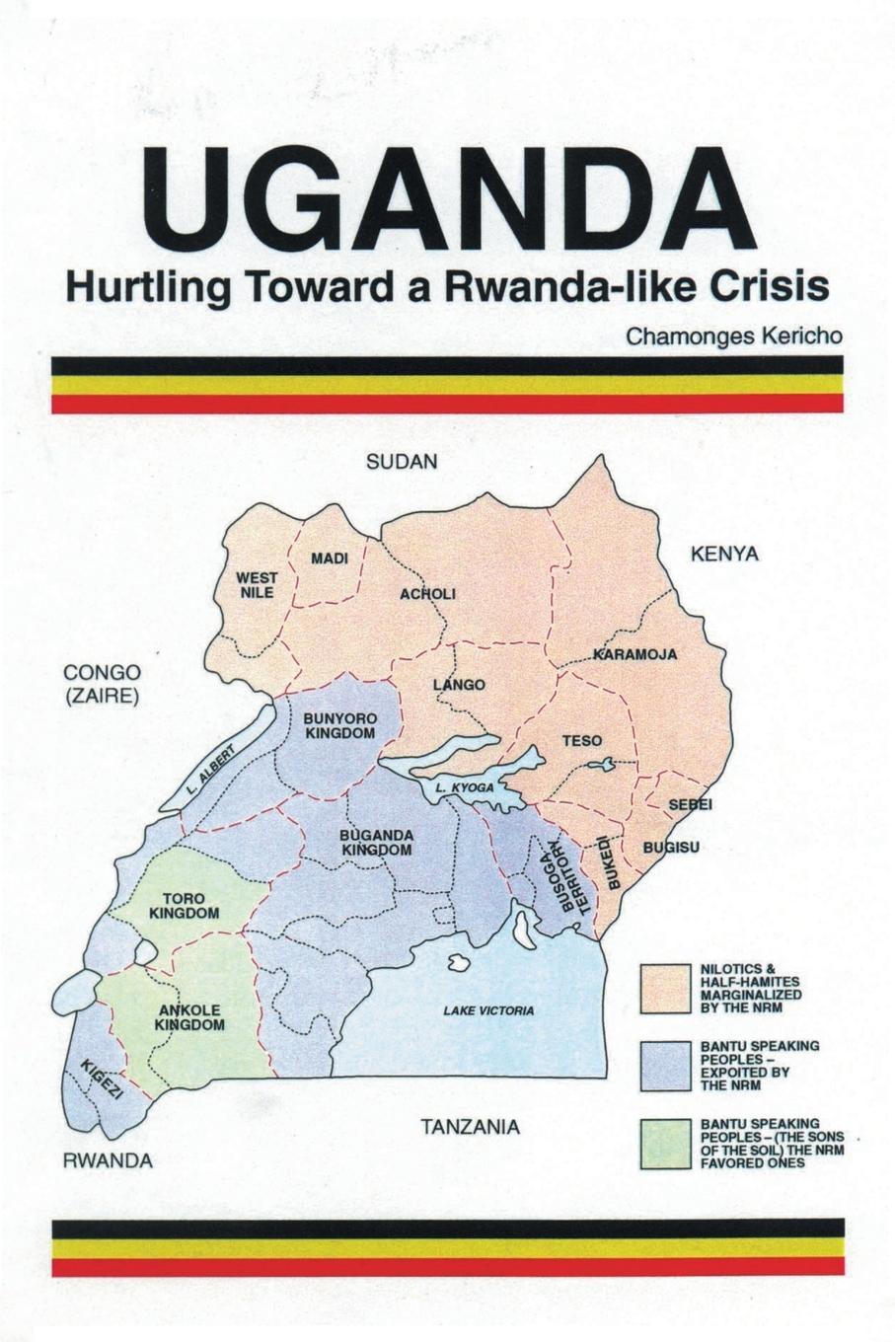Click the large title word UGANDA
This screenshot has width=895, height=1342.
coord(449,203)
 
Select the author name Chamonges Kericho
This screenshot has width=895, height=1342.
coord(734,335)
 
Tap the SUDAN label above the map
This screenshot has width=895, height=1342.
coord(402,462)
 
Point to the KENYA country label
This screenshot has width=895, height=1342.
coord(724,554)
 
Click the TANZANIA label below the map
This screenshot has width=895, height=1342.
coord(470,1126)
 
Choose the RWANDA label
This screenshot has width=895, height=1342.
coord(108,1160)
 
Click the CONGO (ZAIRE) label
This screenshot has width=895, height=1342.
coord(102,683)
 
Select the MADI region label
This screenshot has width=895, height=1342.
coord(330,559)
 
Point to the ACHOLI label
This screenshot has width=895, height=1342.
coord(427,594)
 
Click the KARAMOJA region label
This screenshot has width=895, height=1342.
coord(635,654)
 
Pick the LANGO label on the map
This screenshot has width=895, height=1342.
coord(459,684)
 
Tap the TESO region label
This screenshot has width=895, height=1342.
coord(582,740)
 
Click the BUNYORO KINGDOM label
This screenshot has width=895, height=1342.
coord(338,726)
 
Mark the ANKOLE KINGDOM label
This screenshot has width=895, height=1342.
coord(189,1017)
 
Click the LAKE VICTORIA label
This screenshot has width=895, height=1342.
coord(488,1010)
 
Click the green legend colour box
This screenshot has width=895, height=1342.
coord(665,1144)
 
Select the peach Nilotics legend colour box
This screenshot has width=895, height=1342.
coord(665,989)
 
